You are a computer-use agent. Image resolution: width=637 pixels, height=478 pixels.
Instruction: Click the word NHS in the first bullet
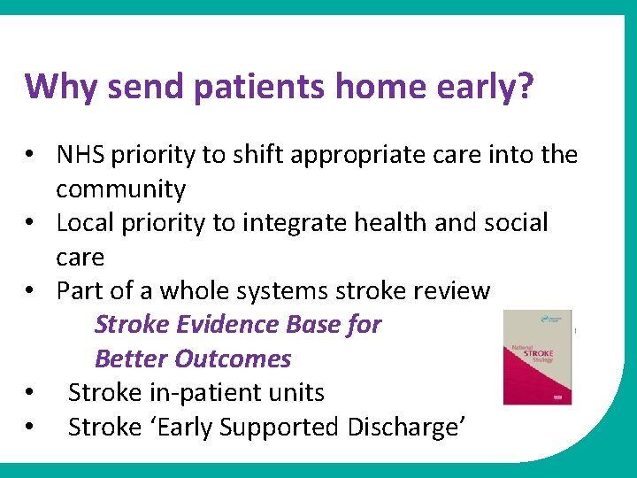pyautogui.click(x=79, y=155)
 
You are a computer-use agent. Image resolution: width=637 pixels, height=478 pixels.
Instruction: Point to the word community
pyautogui.click(x=120, y=189)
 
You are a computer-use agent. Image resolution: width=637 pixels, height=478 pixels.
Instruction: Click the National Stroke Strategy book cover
pyautogui.click(x=537, y=358)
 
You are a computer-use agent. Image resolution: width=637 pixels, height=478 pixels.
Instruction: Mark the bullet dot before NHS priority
pyautogui.click(x=30, y=156)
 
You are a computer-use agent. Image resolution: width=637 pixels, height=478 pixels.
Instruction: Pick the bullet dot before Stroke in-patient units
pyautogui.click(x=30, y=394)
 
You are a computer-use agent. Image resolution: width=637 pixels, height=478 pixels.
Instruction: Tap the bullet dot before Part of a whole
pyautogui.click(x=30, y=291)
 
